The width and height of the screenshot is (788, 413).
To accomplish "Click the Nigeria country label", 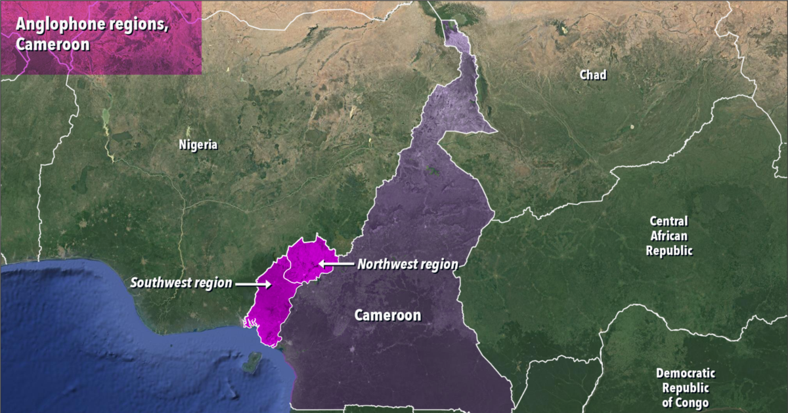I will click(198, 145).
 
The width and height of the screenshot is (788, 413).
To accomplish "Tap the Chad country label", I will click(592, 75).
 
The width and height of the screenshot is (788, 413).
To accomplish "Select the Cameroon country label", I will click(387, 315).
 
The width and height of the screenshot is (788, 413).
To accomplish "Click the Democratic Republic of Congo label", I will click(686, 387).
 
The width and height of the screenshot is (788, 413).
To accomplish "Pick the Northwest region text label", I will click(407, 264).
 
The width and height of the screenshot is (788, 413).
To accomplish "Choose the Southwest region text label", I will click(181, 283).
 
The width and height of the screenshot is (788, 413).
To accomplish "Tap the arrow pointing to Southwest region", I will click(253, 284).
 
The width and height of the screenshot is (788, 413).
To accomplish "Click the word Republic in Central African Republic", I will click(668, 250).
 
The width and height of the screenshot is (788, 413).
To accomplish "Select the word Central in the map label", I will click(668, 221).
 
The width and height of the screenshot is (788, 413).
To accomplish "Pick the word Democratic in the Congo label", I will click(686, 373).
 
